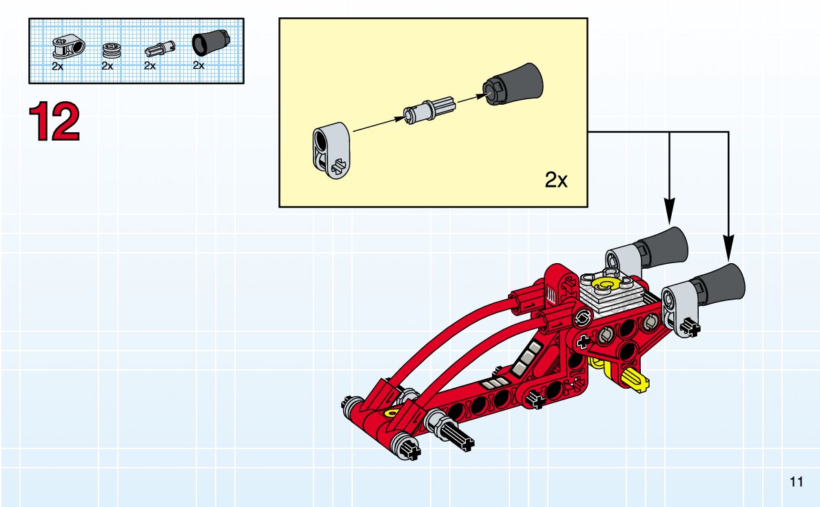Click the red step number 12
pyautogui.click(x=54, y=122)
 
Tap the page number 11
pyautogui.click(x=796, y=481)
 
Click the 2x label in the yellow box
pyautogui.click(x=556, y=180)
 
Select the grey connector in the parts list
pyautogui.click(x=68, y=48)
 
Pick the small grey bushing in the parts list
pyautogui.click(x=112, y=51)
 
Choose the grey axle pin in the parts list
pyautogui.click(x=159, y=50)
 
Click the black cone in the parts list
pyautogui.click(x=211, y=43)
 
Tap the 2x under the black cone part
pyautogui.click(x=198, y=65)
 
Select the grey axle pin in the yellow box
pyautogui.click(x=429, y=108)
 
